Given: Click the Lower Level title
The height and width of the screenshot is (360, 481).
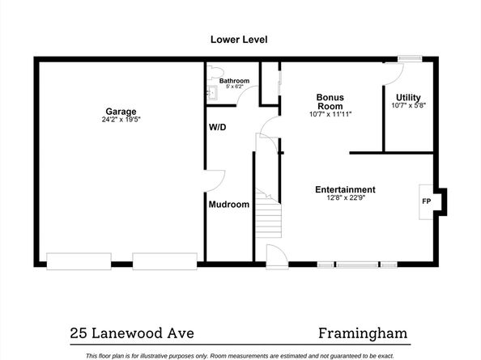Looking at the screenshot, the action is point(239,40).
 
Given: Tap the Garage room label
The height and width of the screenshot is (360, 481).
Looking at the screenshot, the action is point(121,112).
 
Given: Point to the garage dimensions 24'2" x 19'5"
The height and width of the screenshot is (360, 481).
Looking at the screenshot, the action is point(121,120).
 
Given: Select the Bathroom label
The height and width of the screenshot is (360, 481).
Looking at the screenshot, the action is point(234,81).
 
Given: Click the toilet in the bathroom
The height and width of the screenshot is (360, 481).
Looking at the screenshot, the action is point(215,73).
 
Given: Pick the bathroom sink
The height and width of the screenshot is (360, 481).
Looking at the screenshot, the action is point(212,92).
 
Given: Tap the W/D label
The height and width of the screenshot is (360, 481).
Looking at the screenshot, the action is point(218,127).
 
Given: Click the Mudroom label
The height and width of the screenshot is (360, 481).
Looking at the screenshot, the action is point(229,205).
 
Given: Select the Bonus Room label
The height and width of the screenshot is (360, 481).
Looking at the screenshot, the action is point(330,102).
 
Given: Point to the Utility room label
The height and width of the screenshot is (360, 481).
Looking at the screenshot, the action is point(408,97).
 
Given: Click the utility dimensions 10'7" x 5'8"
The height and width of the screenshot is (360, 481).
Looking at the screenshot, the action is point(408,105).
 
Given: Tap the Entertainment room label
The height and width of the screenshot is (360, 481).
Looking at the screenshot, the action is point(345,189).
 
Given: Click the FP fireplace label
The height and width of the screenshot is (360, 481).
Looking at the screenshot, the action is point(427,201).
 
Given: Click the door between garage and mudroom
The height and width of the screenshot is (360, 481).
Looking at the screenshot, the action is point(215,181).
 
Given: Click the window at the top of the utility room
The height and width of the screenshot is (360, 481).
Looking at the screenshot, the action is point(410,58).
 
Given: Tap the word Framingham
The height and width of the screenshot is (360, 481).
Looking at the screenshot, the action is point(363,333).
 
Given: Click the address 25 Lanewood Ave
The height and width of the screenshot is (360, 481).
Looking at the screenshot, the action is point(132,333).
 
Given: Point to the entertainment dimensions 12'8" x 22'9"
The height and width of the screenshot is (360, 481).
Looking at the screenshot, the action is point(346,197).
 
